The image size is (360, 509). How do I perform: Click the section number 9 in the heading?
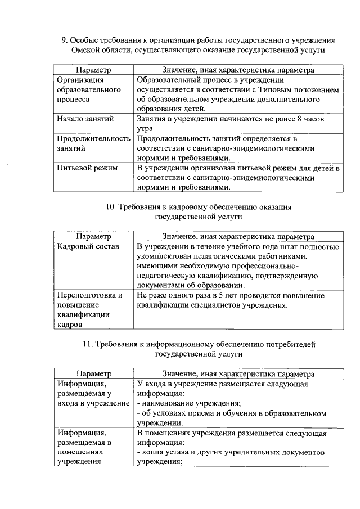(64, 40)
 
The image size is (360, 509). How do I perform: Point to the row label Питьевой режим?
(84, 168)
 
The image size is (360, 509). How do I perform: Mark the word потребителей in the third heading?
(293, 344)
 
